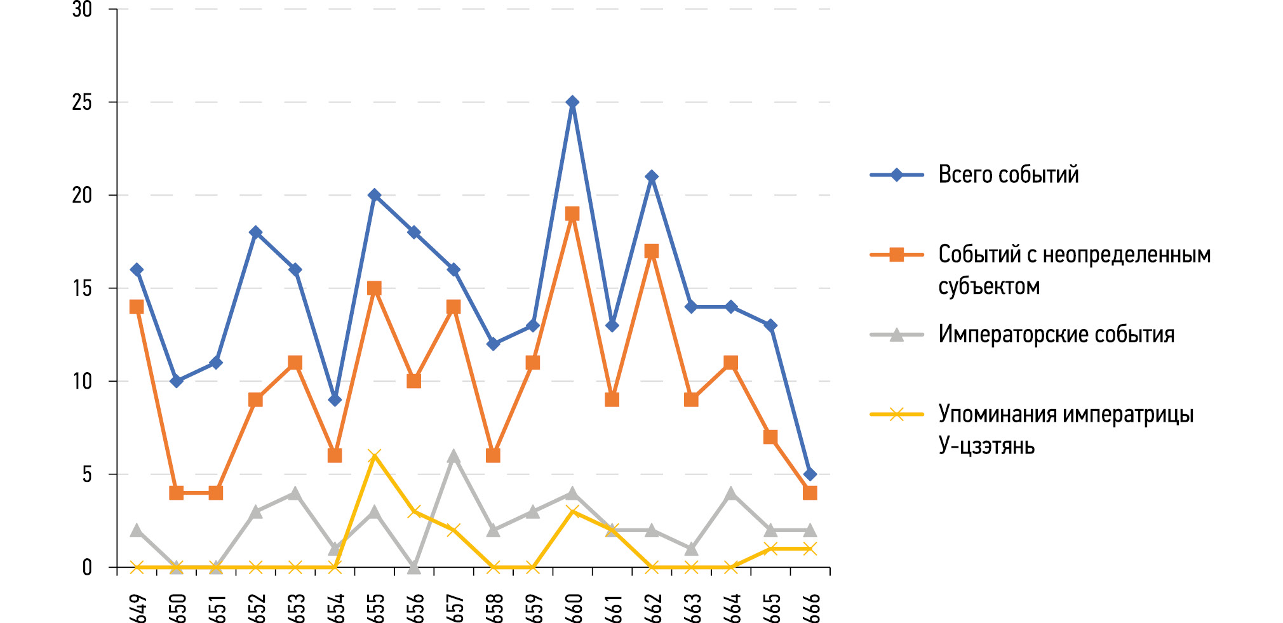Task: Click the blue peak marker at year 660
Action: (x=572, y=102)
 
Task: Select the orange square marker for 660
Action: (x=572, y=214)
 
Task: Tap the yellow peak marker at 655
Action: (x=374, y=455)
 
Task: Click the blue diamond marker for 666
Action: (x=810, y=474)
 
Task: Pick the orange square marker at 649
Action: (x=137, y=307)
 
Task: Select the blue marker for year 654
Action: (x=335, y=400)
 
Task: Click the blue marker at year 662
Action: (x=652, y=177)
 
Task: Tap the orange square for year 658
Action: (x=493, y=455)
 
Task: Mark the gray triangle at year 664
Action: (x=731, y=493)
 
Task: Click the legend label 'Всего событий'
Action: (x=1008, y=175)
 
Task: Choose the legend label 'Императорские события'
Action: (x=1056, y=335)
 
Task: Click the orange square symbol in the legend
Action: (x=896, y=255)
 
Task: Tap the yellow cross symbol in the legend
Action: (x=896, y=415)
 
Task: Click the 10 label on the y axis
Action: (x=83, y=382)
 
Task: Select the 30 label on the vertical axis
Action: (x=83, y=10)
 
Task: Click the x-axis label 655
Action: (x=375, y=608)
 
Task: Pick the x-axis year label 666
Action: (x=811, y=608)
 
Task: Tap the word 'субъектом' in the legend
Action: (x=989, y=286)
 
